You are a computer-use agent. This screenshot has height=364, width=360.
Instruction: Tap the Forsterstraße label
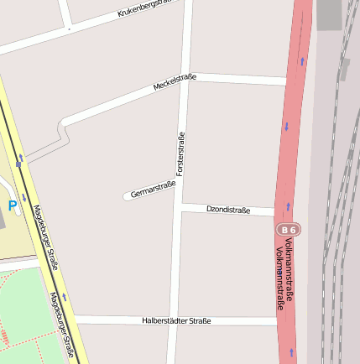pyautogui.click(x=180, y=154)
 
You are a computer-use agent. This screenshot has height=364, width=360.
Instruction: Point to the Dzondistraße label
pyautogui.click(x=228, y=210)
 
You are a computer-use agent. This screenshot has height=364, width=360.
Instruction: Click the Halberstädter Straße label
pyautogui.click(x=176, y=320)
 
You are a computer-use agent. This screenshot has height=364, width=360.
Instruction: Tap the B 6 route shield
pyautogui.click(x=288, y=229)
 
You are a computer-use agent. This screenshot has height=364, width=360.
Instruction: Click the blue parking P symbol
pyautogui.click(x=13, y=205)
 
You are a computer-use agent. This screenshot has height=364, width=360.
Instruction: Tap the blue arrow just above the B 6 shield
pyautogui.click(x=287, y=205)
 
